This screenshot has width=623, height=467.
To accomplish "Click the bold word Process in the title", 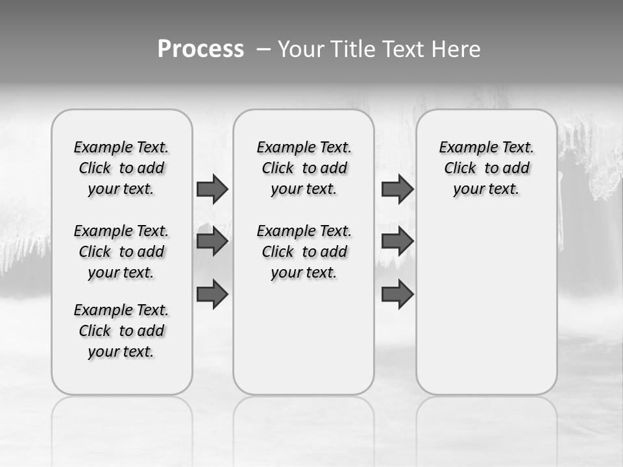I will click(x=201, y=49).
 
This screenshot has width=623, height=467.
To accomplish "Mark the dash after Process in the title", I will click(x=263, y=50).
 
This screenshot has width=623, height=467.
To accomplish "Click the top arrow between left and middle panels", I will click(x=212, y=189).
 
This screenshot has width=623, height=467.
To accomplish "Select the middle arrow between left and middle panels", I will click(x=212, y=242).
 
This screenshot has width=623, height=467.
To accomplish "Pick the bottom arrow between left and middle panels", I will click(x=212, y=294).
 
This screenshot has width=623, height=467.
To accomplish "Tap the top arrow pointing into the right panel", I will click(x=397, y=189).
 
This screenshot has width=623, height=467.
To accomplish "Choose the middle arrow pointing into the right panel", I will click(x=397, y=242).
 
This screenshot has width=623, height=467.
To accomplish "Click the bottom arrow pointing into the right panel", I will click(x=397, y=294).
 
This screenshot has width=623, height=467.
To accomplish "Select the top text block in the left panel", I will click(x=121, y=168).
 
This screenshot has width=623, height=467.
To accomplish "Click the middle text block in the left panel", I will click(x=121, y=252).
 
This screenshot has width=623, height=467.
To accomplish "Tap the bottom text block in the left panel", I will click(x=121, y=331).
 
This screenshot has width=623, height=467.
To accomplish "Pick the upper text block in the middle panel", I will click(x=304, y=168).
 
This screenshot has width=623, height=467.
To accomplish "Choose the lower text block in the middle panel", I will click(x=304, y=252).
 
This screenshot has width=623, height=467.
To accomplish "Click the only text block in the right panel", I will click(x=486, y=168).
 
